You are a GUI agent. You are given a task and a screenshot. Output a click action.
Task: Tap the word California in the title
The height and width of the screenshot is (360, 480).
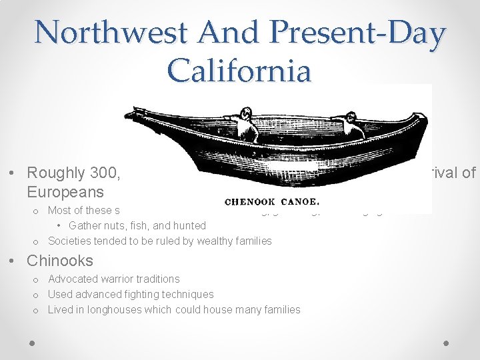click(239, 70)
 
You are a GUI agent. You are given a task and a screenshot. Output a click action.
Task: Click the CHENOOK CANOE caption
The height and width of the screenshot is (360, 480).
click(273, 201)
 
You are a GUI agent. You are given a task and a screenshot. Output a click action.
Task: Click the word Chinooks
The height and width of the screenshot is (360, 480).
click(60, 261)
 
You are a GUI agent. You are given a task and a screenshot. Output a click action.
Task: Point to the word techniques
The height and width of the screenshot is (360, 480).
click(187, 294)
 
